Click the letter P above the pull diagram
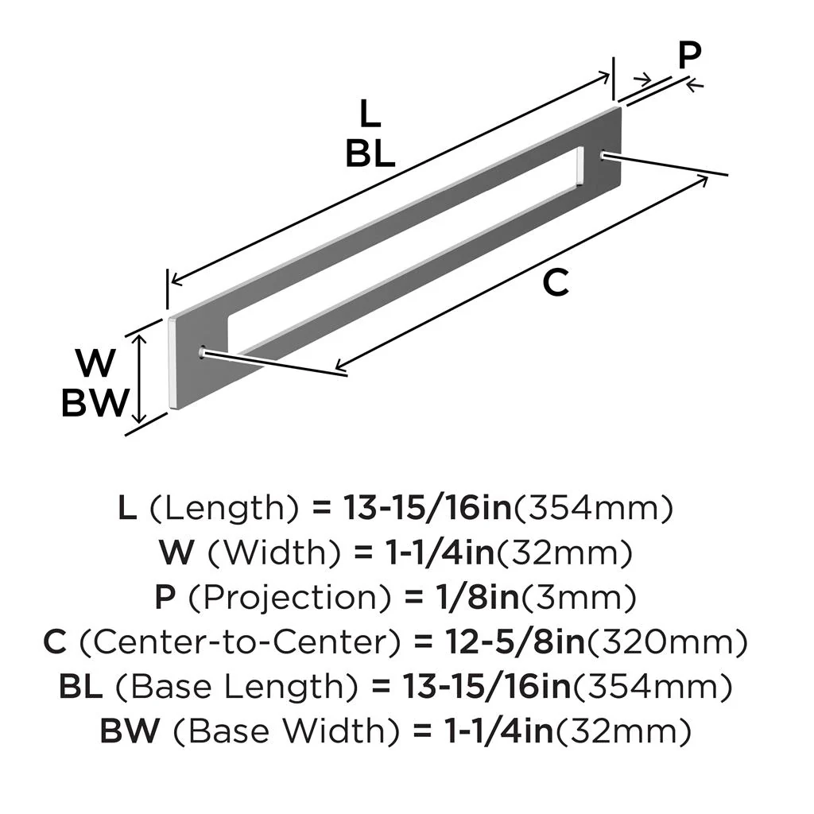(x=690, y=56)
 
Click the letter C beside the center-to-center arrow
(x=556, y=283)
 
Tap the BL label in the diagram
(x=370, y=154)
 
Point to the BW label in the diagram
(x=95, y=404)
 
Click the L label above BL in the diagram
(x=370, y=115)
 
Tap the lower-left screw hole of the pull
(x=202, y=351)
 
